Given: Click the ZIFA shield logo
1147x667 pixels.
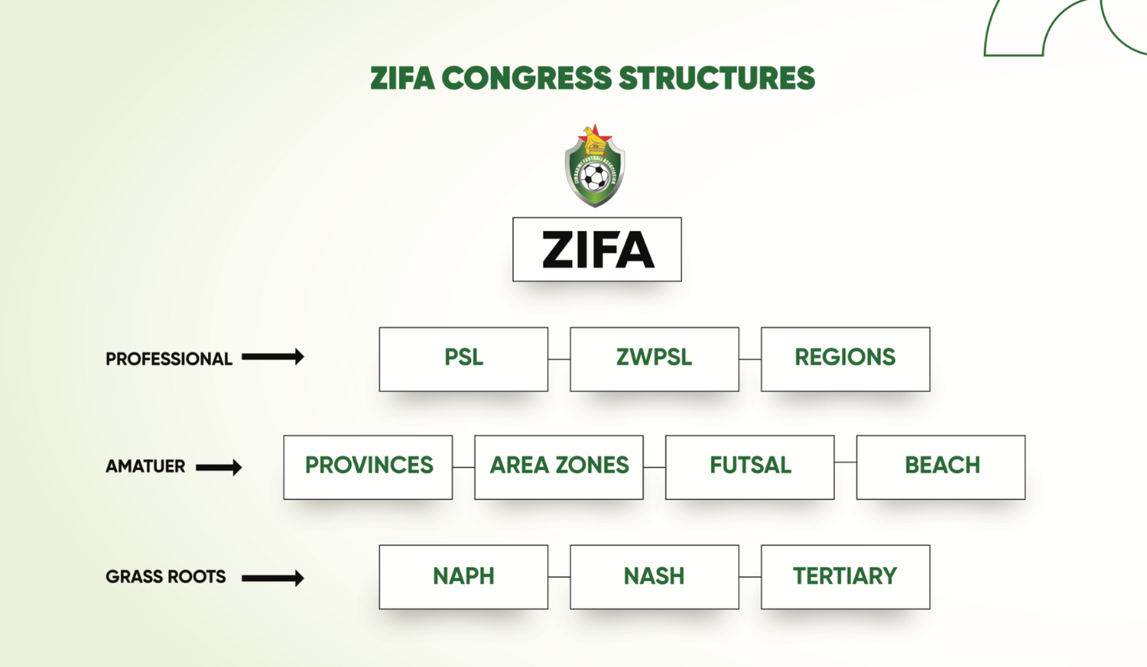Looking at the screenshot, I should [x=594, y=167].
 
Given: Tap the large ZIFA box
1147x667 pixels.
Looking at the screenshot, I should [x=597, y=249].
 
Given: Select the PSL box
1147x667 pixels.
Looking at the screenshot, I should [x=464, y=359].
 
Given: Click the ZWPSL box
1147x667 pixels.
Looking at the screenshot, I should [x=654, y=359].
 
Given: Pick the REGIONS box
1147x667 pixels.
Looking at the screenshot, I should [x=845, y=359].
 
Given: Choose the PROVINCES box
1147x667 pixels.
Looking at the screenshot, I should [x=368, y=467].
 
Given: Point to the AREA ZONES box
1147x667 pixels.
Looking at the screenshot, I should [x=558, y=467].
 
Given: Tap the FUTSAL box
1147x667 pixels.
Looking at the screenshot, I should [x=750, y=467].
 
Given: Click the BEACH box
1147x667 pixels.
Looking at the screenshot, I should [x=941, y=467].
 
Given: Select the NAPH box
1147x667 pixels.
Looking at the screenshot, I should [x=464, y=577].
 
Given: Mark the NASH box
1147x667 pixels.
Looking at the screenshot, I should [x=654, y=577].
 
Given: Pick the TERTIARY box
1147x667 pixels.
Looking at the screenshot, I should [x=845, y=577].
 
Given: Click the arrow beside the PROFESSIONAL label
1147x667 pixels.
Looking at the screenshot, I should [x=273, y=357].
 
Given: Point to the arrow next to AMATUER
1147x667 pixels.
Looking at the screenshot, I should [x=219, y=468].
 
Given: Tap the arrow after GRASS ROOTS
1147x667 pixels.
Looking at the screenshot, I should [x=273, y=578].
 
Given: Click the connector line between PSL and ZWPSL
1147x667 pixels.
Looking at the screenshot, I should [x=559, y=359].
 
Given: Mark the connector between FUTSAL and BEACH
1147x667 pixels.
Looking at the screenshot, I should [x=845, y=462].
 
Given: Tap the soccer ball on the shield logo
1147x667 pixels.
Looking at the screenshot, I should [x=594, y=176].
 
